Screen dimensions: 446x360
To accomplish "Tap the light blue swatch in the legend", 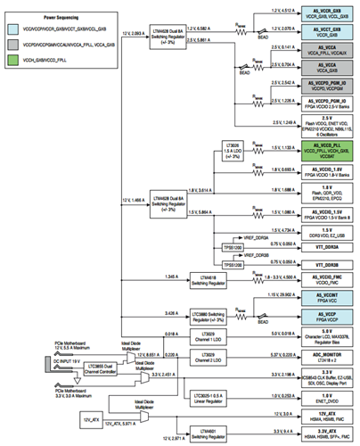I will pos(16,29).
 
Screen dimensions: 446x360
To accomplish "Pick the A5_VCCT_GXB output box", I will pos(325,33).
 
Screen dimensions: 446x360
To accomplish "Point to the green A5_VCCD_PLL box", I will pos(325,150).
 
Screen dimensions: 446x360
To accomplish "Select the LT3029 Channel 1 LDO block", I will pos(226,334).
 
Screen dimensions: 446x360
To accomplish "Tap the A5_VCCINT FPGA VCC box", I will pos(325,296).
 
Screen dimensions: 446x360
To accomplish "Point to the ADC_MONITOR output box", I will pos(325,353).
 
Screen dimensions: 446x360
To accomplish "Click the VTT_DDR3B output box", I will pos(325,265).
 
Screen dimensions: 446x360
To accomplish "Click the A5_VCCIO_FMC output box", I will pos(325,280).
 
